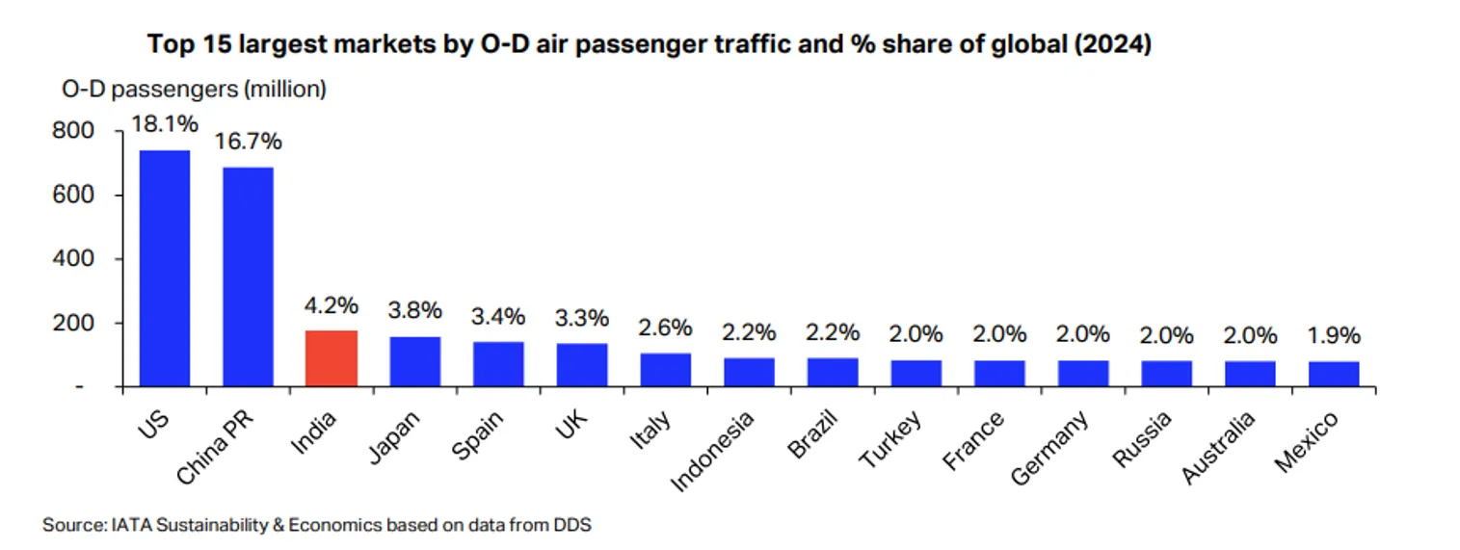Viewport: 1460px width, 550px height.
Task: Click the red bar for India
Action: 332,358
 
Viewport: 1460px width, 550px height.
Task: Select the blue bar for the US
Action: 165,268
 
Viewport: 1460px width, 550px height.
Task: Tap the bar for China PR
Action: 249,276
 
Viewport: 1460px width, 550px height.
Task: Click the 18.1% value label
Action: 166,124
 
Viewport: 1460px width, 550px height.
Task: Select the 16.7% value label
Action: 249,143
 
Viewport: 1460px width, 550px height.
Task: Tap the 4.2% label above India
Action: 332,306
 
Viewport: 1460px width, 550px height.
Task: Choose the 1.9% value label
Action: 1334,336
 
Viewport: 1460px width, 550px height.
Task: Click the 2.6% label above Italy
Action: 666,327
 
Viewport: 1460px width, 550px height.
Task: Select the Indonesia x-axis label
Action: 714,449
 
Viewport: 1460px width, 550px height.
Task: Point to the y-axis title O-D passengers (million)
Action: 194,90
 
